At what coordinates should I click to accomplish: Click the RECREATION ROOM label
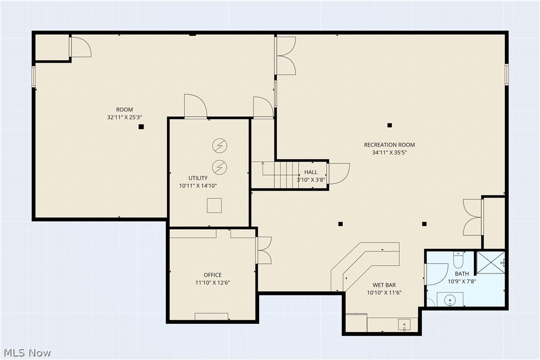point(389,145)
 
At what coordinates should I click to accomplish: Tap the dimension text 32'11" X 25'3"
point(124,117)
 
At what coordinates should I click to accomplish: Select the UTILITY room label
point(198,178)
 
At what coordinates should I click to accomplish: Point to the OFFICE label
point(212,275)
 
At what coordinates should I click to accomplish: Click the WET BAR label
point(384,285)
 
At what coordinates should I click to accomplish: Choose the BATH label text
point(461,274)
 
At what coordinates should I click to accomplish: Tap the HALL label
point(311,173)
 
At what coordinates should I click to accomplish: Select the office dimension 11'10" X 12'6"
point(212,282)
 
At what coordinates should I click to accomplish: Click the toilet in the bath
point(458,260)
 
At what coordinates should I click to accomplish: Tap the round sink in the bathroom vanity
point(450,299)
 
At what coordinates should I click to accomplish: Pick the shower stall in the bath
point(491,263)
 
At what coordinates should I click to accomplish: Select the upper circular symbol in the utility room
point(219,145)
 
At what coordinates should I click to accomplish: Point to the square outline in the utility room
point(214,205)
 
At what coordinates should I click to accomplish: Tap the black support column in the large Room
point(141,127)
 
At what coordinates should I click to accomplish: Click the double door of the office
point(264,250)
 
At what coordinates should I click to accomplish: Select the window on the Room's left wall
point(34,77)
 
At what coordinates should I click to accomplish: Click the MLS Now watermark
point(26,353)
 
